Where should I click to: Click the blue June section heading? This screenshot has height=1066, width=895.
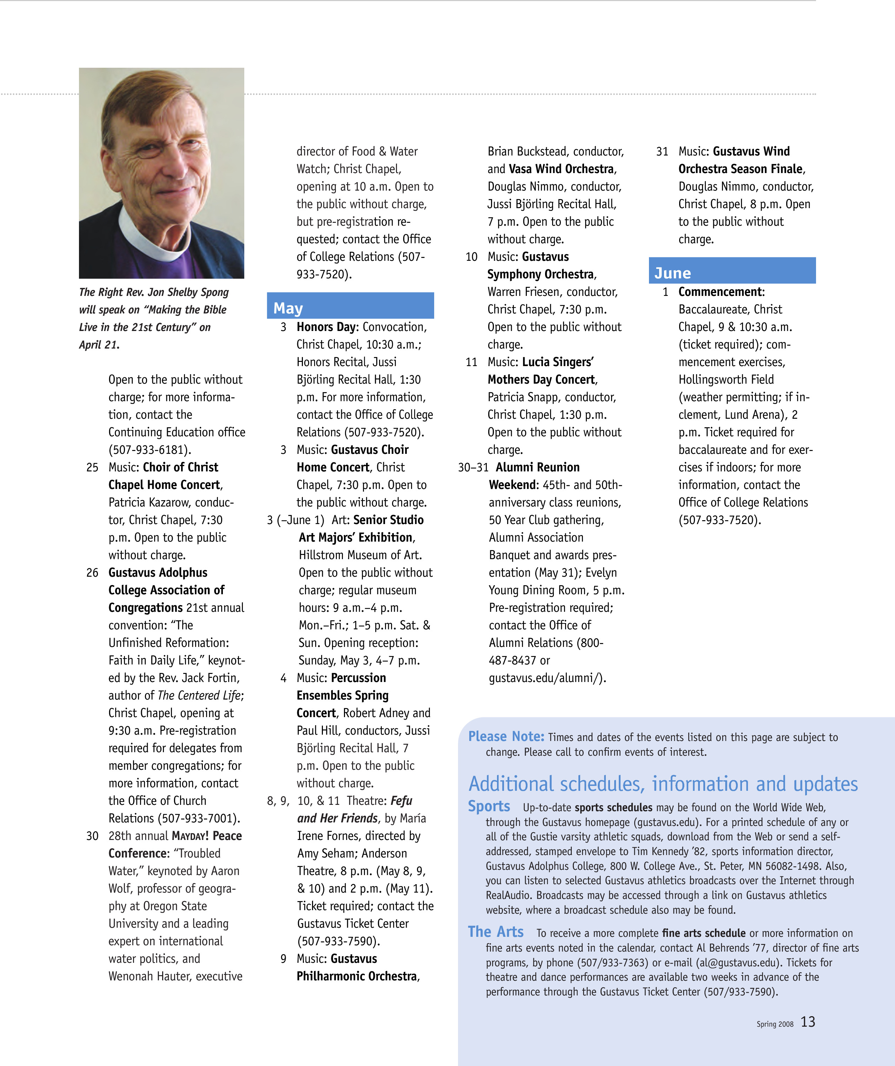pyautogui.click(x=672, y=273)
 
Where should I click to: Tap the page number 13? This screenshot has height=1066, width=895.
pyautogui.click(x=807, y=1021)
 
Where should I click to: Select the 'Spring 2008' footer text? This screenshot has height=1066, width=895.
pyautogui.click(x=775, y=1024)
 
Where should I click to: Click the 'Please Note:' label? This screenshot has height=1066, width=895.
pyautogui.click(x=506, y=736)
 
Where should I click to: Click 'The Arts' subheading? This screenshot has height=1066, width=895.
pyautogui.click(x=496, y=932)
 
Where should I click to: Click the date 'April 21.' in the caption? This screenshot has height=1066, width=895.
pyautogui.click(x=99, y=345)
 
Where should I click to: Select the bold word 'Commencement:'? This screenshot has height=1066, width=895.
pyautogui.click(x=721, y=292)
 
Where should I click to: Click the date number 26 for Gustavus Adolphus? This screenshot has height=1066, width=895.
pyautogui.click(x=92, y=572)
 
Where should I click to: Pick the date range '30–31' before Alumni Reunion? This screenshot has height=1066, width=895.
pyautogui.click(x=473, y=467)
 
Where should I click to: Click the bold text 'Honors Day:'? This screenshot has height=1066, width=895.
pyautogui.click(x=327, y=327)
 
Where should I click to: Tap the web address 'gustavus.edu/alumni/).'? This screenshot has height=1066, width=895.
pyautogui.click(x=547, y=678)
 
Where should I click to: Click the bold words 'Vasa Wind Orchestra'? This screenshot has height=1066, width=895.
pyautogui.click(x=561, y=169)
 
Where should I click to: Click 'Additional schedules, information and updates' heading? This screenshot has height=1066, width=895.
pyautogui.click(x=663, y=784)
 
